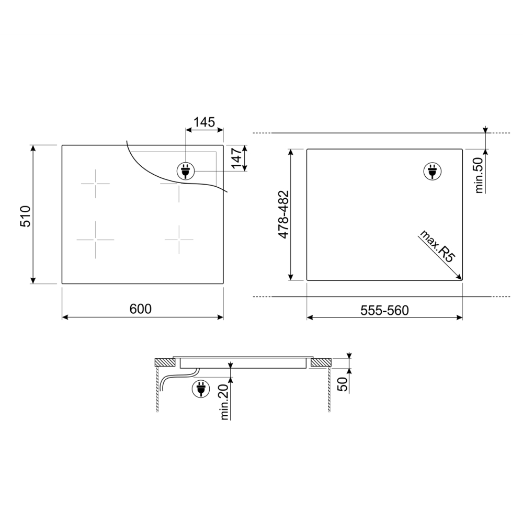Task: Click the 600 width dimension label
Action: click(x=140, y=309)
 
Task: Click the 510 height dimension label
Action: click(x=26, y=217)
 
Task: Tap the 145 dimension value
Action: click(x=204, y=122)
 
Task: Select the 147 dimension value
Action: click(x=236, y=158)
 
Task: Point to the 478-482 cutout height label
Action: click(x=283, y=214)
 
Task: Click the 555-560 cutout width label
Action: click(x=384, y=311)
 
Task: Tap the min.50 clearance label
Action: click(x=479, y=175)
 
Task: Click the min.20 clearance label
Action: click(x=224, y=402)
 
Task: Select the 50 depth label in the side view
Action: click(x=343, y=383)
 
